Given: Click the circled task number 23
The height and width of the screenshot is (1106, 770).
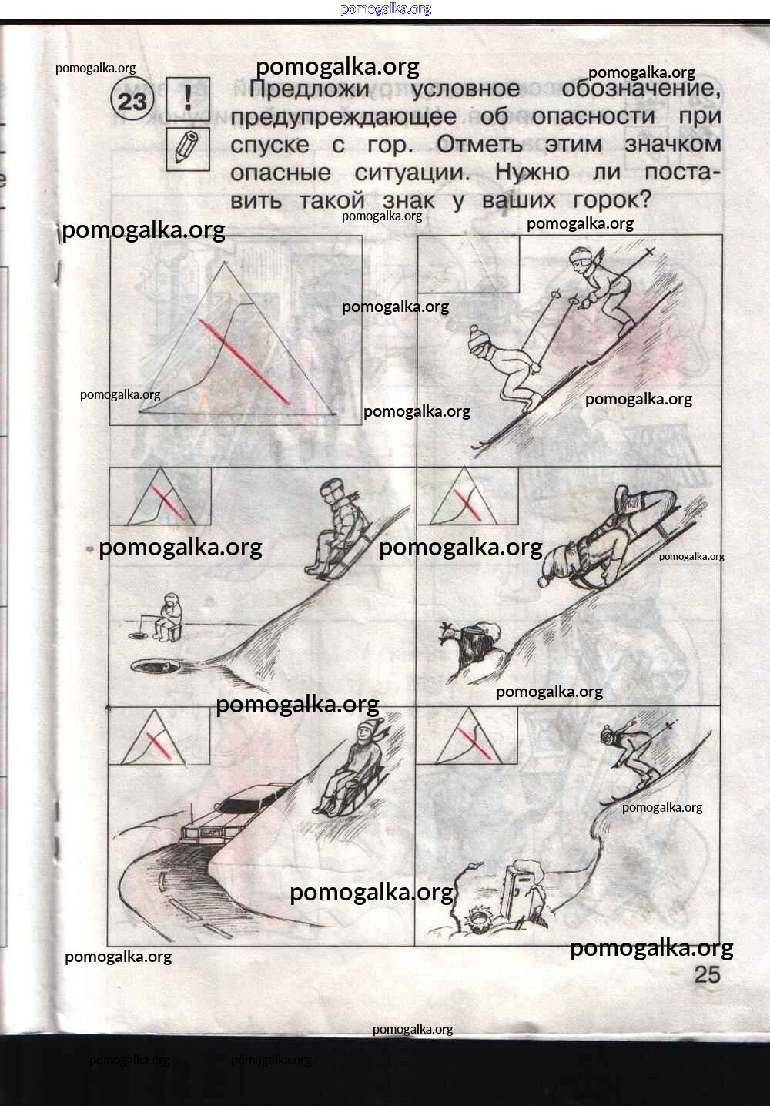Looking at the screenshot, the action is click(133, 101).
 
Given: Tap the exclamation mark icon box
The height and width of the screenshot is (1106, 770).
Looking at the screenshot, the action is click(188, 99).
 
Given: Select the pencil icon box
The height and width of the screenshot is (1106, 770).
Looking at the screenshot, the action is click(188, 149).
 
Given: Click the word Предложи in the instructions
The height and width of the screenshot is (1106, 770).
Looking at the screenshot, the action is click(309, 89).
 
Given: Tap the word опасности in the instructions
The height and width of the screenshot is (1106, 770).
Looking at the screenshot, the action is click(594, 116).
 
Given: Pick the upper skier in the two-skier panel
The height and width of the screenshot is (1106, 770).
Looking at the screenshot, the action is click(603, 290).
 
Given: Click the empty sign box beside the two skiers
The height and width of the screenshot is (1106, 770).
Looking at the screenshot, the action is click(468, 264).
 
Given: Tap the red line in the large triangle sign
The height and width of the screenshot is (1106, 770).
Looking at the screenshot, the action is click(244, 360).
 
